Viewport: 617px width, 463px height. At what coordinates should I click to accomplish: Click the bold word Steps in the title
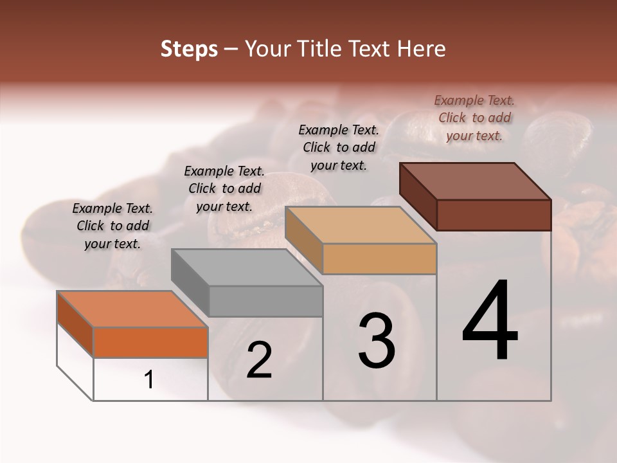[188, 49]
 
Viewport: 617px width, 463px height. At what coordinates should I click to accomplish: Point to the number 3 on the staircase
[377, 340]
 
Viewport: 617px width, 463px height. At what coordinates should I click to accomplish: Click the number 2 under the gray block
[259, 360]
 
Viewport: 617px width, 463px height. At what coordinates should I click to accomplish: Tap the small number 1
[149, 380]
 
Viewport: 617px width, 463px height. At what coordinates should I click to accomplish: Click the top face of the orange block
[132, 309]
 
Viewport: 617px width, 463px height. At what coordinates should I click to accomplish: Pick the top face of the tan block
[361, 225]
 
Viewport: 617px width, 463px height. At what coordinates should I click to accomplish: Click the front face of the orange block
[150, 342]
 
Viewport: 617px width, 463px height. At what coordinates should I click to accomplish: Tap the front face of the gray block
[265, 301]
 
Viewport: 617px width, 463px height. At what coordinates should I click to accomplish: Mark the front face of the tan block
[379, 259]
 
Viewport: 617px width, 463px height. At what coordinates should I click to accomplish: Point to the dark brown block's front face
[494, 215]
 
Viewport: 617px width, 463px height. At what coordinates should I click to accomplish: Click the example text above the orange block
[112, 226]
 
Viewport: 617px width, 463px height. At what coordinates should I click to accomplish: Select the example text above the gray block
[224, 188]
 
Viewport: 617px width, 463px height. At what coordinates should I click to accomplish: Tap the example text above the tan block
[339, 147]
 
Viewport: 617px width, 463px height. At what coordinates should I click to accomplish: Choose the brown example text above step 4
[474, 118]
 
